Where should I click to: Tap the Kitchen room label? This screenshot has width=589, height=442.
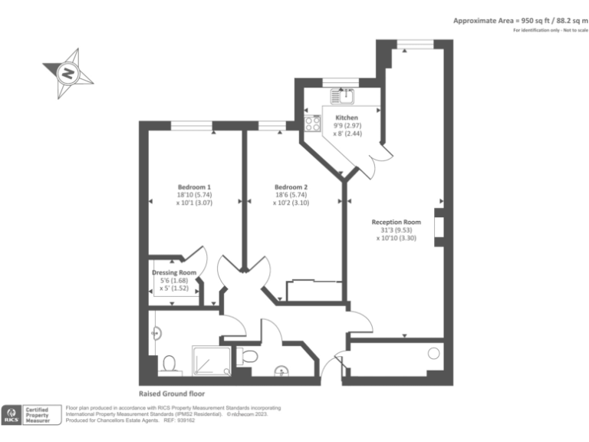(345, 117)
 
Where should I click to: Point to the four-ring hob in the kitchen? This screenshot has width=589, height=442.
(313, 123)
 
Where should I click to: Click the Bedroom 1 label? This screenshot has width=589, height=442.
(194, 187)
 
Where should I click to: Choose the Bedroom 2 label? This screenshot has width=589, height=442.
(291, 187)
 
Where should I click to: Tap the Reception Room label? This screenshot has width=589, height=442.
(397, 222)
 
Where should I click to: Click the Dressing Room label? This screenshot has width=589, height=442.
(173, 272)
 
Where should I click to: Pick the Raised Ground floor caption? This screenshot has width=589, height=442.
(171, 393)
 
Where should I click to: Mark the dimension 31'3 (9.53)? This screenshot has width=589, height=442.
(396, 230)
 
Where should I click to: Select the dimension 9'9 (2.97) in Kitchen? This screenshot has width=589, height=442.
(345, 126)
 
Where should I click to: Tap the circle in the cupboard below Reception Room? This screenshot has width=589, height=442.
(434, 355)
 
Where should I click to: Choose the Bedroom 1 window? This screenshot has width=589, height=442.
(192, 124)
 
